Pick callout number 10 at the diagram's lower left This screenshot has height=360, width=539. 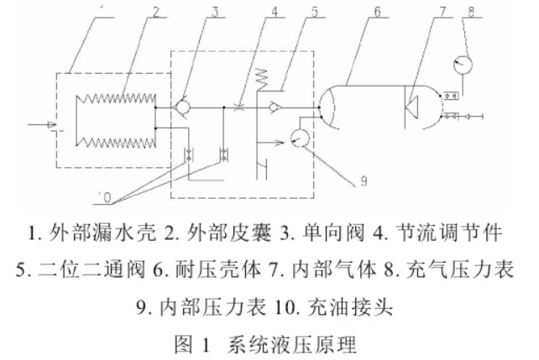click(105, 196)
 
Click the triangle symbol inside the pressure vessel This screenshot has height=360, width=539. click(414, 107)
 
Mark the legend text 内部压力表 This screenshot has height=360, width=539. click(202, 306)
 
